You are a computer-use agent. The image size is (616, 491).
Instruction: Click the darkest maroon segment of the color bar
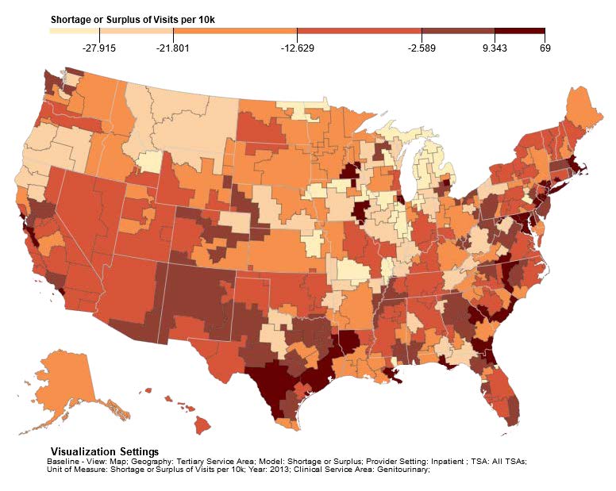(520, 31)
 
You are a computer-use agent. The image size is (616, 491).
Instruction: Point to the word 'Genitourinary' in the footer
(403, 468)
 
